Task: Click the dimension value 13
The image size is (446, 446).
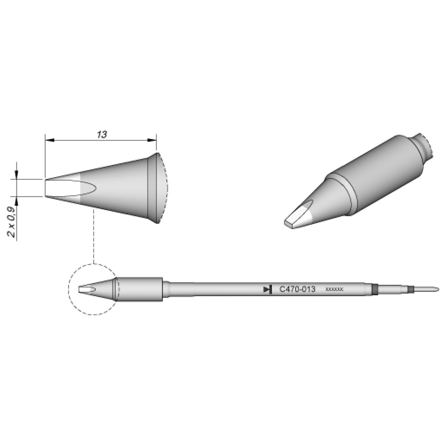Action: pyautogui.click(x=102, y=135)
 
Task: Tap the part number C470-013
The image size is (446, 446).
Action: pyautogui.click(x=297, y=289)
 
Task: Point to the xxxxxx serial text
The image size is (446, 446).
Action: pyautogui.click(x=334, y=289)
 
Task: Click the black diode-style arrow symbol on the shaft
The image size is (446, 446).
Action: pyautogui.click(x=268, y=289)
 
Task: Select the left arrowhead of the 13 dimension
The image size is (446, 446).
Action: pyautogui.click(x=50, y=140)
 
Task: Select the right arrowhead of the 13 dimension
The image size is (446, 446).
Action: pyautogui.click(x=152, y=140)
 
